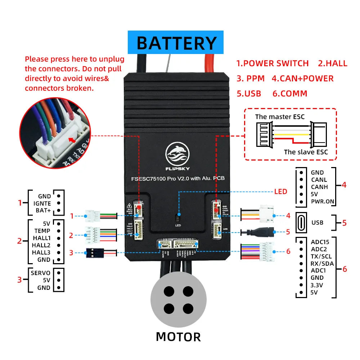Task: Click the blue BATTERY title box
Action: point(176,42)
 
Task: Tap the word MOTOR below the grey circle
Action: point(178,337)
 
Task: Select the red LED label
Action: point(280,192)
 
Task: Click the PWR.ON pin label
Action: point(323,201)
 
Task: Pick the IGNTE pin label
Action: point(42,203)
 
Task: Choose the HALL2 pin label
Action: point(41,245)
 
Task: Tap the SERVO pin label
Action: point(40,273)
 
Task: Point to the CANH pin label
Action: point(319,187)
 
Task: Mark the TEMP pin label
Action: point(42,231)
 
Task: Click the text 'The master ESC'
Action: point(280,117)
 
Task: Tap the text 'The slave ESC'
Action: point(306,152)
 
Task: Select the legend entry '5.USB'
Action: point(248,94)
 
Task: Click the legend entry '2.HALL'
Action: point(333,64)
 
